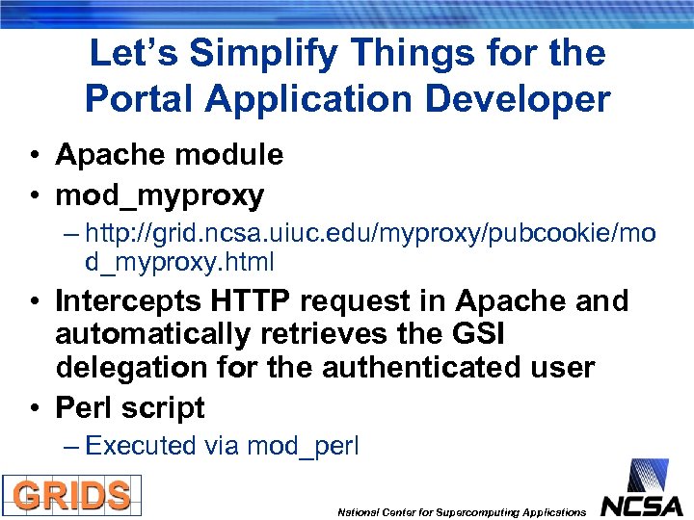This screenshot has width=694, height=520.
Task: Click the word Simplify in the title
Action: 257,53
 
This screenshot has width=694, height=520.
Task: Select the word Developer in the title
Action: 515,98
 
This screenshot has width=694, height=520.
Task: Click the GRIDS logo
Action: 71,495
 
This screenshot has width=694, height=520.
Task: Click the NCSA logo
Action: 641,490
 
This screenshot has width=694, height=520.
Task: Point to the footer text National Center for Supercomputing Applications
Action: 461,512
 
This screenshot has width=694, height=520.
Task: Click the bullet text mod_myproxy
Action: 159,195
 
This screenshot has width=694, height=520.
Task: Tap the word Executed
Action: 140,445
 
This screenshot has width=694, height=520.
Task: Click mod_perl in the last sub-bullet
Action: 303,446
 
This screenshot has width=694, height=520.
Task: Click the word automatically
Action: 141,335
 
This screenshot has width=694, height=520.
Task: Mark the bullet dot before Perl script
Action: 35,408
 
